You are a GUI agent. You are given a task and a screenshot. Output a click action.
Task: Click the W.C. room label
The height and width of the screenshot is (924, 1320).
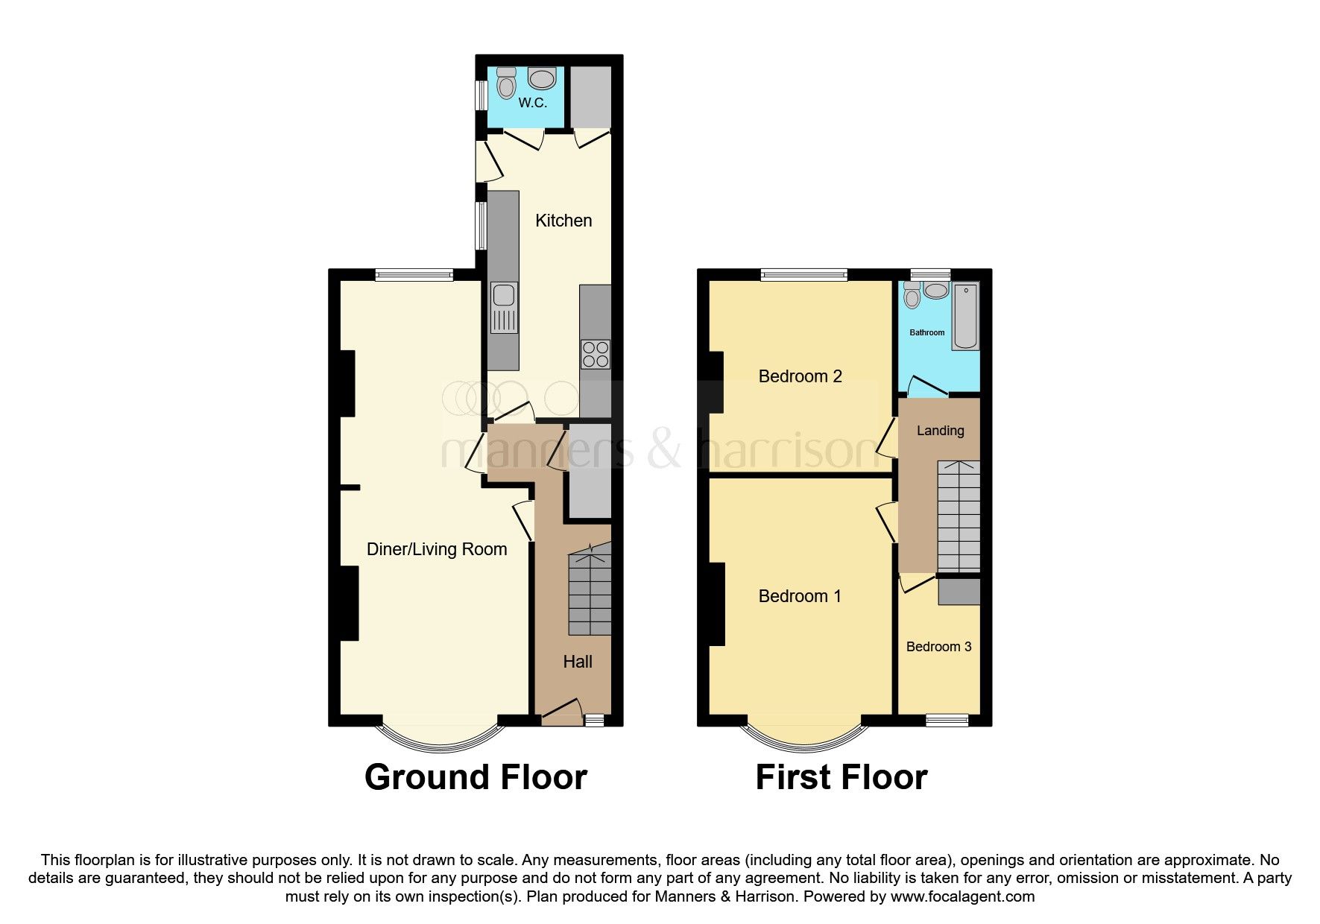click(x=532, y=103)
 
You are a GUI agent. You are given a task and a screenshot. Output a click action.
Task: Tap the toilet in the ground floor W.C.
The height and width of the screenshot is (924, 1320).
click(x=507, y=84)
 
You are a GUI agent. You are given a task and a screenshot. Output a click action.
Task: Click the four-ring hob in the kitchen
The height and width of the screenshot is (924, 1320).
click(x=595, y=354)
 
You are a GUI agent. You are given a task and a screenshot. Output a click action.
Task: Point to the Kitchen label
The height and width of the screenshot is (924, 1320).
click(x=563, y=221)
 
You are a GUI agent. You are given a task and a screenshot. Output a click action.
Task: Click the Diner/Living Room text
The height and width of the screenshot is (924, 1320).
click(x=437, y=549)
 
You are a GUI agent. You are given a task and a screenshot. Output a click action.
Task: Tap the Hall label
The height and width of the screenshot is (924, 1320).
click(x=578, y=662)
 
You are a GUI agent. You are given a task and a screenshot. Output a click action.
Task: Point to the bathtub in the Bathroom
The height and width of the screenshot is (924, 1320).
click(x=965, y=316)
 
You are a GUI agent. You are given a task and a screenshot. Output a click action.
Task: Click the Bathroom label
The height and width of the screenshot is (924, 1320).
click(x=926, y=332)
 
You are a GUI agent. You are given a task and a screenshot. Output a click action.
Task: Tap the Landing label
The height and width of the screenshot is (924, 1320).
click(x=940, y=431)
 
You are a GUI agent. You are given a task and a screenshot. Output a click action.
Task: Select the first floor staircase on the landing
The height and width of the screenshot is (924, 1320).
click(x=959, y=517)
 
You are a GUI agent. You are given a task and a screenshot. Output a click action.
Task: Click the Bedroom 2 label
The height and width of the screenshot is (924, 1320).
click(x=800, y=376)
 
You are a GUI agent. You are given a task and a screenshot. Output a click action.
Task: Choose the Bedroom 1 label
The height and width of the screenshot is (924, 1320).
click(x=800, y=596)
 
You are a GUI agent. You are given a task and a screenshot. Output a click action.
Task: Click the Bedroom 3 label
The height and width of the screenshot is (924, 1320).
click(x=938, y=647)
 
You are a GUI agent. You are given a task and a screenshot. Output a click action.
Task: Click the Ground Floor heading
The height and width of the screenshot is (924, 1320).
click(x=476, y=777)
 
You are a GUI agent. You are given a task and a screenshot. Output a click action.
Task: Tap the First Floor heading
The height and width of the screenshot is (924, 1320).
click(x=841, y=777)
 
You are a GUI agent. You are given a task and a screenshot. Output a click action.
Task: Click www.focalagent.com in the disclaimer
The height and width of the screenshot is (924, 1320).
click(x=962, y=896)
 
